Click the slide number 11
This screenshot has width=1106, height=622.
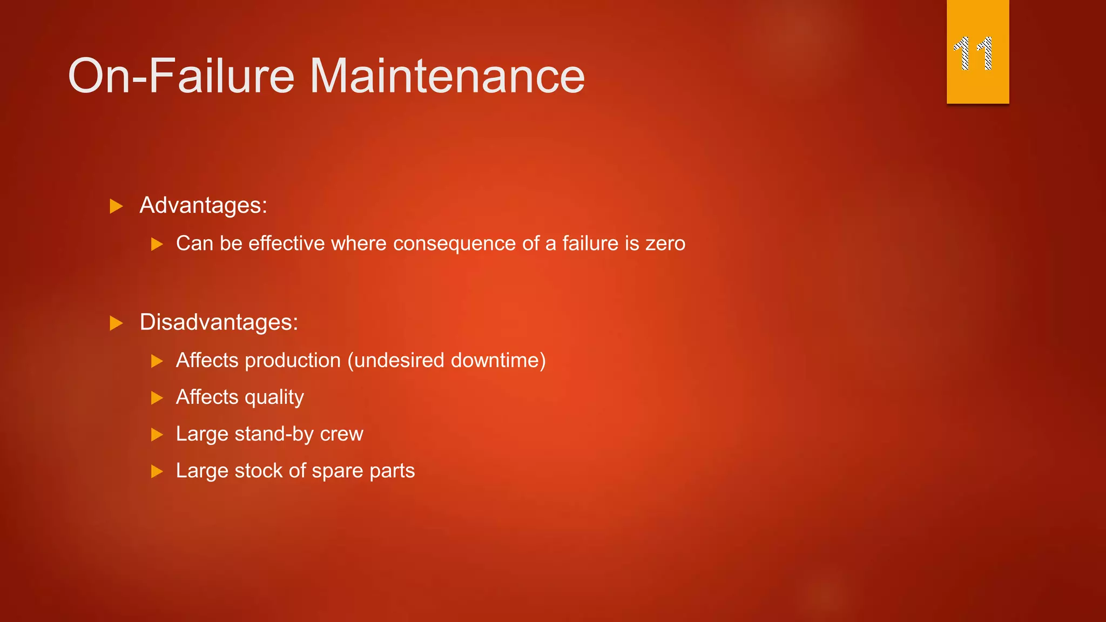tap(973, 53)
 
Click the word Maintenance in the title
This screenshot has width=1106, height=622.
tap(447, 76)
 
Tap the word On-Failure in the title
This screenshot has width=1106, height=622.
tap(181, 76)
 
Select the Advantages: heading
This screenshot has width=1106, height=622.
tap(204, 205)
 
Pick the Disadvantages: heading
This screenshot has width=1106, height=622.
tap(219, 322)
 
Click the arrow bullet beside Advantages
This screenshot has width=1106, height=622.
tap(116, 206)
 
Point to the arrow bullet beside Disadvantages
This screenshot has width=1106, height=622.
tap(116, 323)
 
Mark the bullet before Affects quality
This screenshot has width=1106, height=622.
tap(157, 398)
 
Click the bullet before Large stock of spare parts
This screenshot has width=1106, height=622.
tap(157, 471)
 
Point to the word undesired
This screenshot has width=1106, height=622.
tap(400, 360)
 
